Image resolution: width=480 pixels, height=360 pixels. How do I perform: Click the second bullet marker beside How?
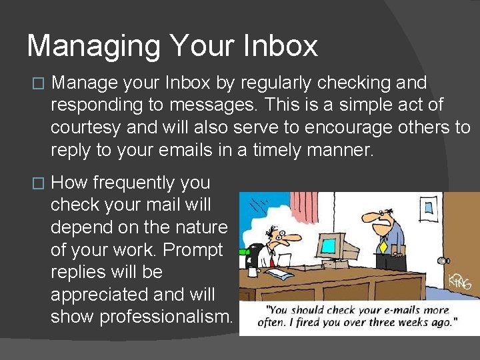click(37, 183)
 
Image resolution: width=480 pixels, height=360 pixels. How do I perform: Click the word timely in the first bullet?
click(277, 150)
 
